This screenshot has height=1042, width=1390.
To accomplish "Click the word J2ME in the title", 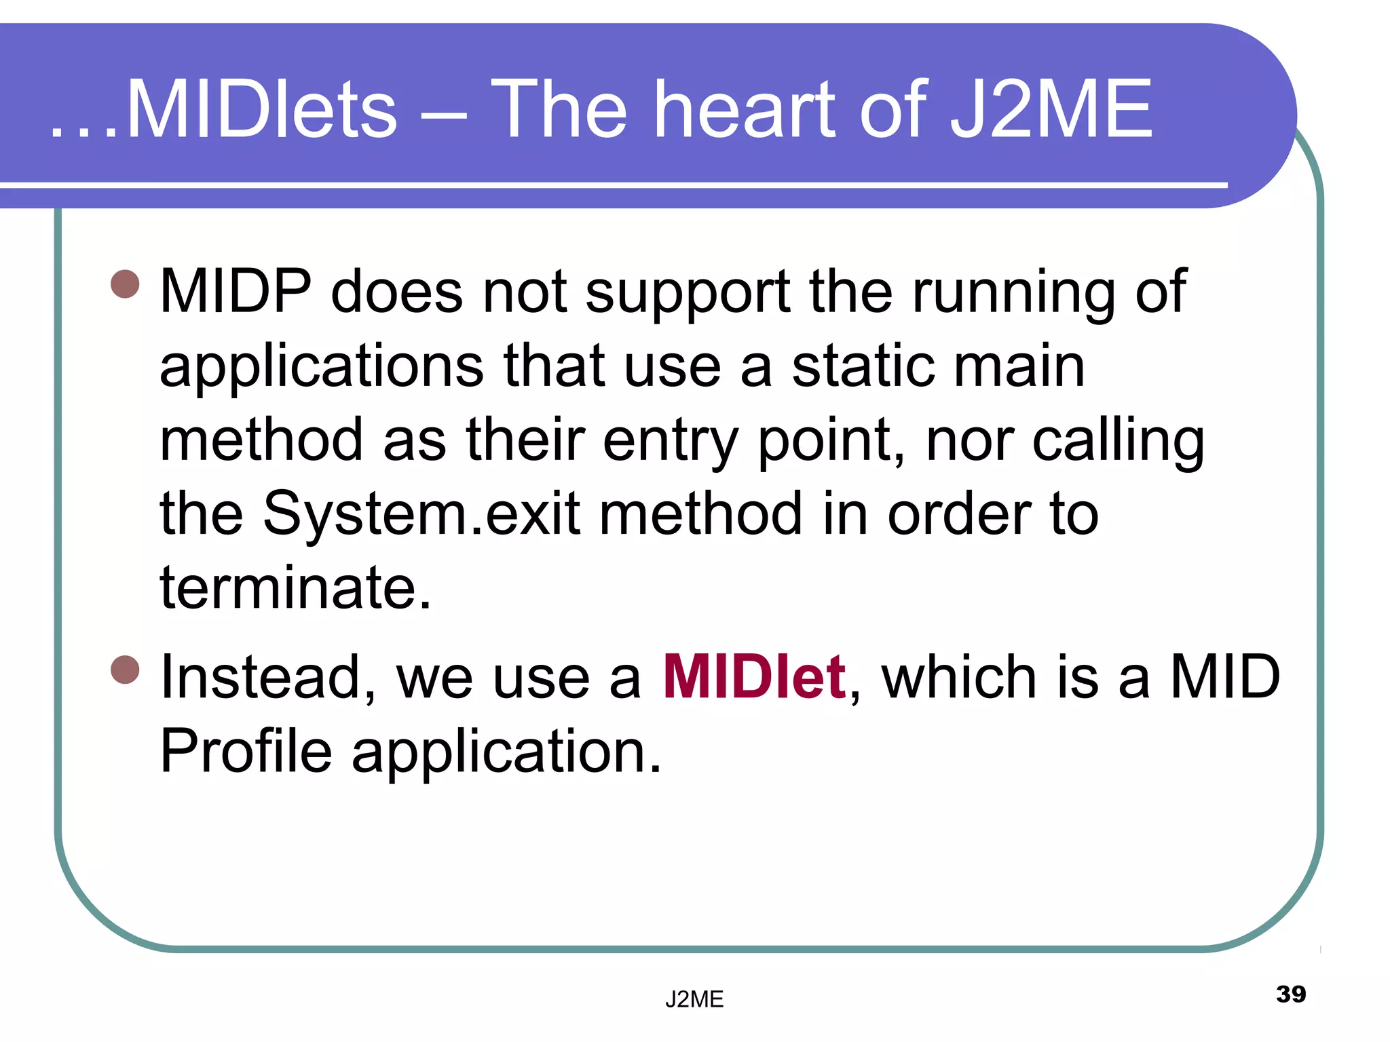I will coord(1050,110).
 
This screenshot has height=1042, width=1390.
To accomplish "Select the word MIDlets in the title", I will coord(261,110).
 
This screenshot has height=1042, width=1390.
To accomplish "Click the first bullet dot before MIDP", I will coord(125,284).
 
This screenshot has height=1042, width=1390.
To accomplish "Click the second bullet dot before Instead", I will coord(125,670).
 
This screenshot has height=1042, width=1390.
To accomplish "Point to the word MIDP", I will coord(235,292).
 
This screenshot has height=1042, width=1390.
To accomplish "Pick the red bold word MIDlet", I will coord(754,677).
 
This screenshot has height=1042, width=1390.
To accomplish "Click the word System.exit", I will coord(421,514).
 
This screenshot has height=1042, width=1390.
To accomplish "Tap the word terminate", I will coord(295,587).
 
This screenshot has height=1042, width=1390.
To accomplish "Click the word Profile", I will coord(246,751).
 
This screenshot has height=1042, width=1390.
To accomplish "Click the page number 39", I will coord(1290,994).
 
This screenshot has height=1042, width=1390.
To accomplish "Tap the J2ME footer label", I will coord(694,999).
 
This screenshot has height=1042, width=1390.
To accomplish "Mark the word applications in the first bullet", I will coord(322,368).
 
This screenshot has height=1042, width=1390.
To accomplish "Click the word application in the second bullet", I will coord(506,752).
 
